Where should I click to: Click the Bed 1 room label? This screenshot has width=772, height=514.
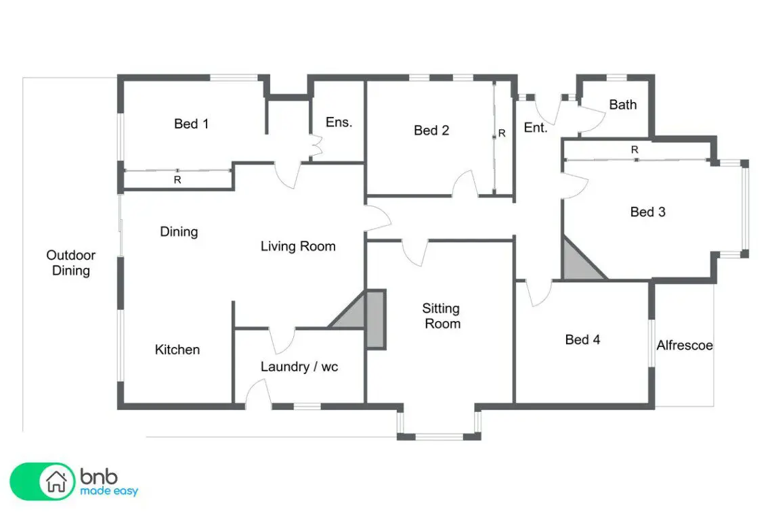click(192, 124)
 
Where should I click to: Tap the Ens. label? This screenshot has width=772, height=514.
click(339, 122)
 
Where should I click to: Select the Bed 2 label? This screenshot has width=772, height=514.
click(431, 130)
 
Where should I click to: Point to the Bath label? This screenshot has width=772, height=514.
click(623, 104)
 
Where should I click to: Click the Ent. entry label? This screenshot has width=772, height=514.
click(536, 127)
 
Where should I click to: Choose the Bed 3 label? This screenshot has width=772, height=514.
click(647, 212)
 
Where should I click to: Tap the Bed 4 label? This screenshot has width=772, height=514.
click(582, 340)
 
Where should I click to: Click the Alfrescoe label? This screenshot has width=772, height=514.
click(685, 346)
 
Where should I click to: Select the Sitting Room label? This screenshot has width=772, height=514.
click(442, 316)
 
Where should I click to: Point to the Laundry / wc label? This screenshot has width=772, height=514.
click(299, 367)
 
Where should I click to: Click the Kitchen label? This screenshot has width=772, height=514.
click(177, 349)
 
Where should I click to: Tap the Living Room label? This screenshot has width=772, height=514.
click(298, 246)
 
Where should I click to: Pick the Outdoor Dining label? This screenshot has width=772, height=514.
click(71, 262)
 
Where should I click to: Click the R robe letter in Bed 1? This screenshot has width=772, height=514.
click(177, 180)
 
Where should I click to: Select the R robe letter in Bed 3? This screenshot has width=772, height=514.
click(635, 149)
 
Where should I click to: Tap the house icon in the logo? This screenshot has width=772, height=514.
click(56, 482)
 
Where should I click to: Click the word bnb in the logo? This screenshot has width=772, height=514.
click(99, 476)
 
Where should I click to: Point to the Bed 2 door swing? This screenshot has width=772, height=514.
click(465, 183)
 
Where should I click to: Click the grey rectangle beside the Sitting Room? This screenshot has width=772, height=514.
click(376, 319)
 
